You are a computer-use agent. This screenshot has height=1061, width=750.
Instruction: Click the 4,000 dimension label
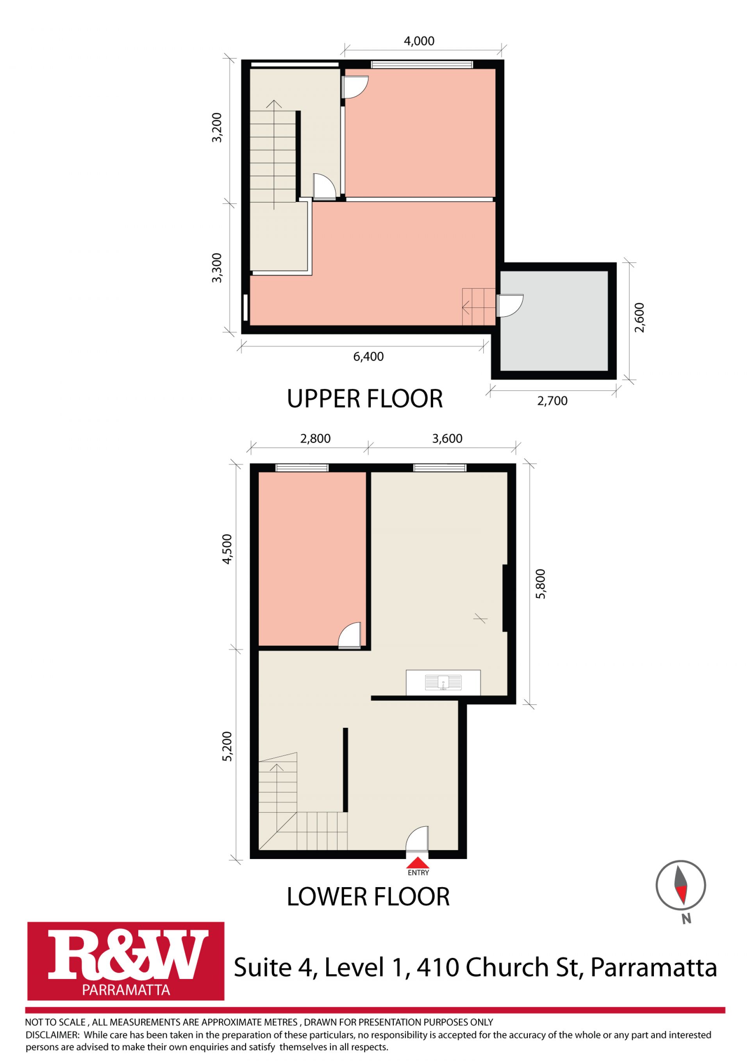point(419,41)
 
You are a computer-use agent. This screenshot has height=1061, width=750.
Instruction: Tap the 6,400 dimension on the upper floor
point(368,356)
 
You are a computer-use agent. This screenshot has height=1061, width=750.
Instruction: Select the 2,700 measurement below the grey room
point(552,401)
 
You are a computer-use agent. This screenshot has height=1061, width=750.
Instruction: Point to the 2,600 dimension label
point(639,318)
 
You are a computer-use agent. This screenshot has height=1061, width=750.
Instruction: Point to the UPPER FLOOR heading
point(365,399)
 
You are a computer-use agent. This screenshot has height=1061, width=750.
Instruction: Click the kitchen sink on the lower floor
point(443,682)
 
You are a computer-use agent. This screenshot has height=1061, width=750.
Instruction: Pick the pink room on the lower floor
point(312,559)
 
